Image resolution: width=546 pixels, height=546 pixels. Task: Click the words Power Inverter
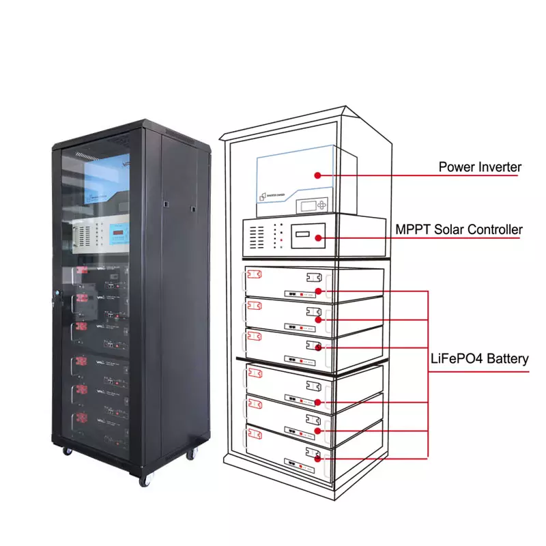479,167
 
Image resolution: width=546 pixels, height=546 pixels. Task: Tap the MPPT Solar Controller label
459,229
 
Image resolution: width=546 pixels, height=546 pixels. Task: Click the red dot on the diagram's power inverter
317,175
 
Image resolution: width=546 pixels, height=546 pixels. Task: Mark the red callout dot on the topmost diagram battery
318,291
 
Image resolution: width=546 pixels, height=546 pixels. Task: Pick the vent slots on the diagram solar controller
257,238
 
